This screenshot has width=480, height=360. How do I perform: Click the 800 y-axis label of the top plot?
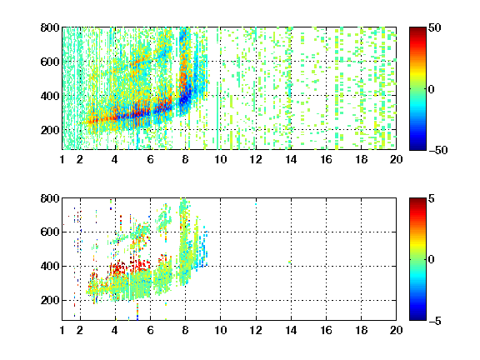pos(50,27)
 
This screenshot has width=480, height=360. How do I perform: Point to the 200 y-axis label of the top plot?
pos(50,130)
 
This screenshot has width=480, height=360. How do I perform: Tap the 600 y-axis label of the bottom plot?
pos(50,232)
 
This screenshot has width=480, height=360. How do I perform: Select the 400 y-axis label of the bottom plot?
pos(50,266)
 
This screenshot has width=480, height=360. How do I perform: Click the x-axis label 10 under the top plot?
pos(220,159)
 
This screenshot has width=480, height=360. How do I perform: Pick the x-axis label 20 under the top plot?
pos(396,159)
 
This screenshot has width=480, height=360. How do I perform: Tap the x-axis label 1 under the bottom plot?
pos(62,330)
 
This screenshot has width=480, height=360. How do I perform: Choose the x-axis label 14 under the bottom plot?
pos(291,330)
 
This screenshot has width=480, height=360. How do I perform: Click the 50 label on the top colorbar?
pos(434,27)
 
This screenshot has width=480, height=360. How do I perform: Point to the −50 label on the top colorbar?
pos(437,150)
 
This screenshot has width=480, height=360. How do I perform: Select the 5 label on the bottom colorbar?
pos(432,198)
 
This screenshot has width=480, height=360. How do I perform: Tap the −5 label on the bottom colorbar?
pos(435,321)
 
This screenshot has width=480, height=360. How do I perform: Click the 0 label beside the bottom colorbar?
pos(432,260)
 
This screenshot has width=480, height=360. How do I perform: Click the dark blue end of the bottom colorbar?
pos(417,318)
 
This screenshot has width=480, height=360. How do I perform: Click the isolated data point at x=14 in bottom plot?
pos(290,262)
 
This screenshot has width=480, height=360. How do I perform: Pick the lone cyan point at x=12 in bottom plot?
pos(256,204)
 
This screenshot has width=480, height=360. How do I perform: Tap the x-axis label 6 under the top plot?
pos(150,159)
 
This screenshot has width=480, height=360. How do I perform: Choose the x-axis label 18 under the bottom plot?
pos(361,330)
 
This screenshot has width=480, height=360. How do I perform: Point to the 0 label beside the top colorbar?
pos(432,89)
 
